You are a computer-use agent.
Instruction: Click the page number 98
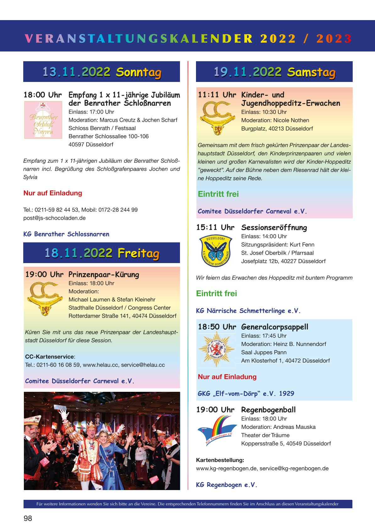pyautogui.click(x=28, y=518)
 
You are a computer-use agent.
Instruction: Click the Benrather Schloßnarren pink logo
pyautogui.click(x=43, y=120)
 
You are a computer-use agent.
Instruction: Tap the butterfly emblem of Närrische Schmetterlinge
pyautogui.click(x=215, y=251)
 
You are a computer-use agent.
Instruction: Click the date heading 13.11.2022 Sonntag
pyautogui.click(x=101, y=72)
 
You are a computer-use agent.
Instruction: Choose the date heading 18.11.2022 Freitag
pyautogui.click(x=101, y=253)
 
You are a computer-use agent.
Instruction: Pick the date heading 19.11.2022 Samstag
pyautogui.click(x=274, y=72)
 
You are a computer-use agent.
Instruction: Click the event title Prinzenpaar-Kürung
pyautogui.click(x=104, y=275)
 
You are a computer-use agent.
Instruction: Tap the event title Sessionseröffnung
pyautogui.click(x=274, y=228)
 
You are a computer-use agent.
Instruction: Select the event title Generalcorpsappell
pyautogui.click(x=274, y=327)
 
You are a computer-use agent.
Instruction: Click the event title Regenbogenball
pyautogui.click(x=268, y=410)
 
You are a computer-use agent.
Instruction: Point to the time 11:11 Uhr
pyautogui.click(x=217, y=95)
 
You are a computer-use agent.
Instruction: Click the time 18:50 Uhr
pyautogui.click(x=217, y=327)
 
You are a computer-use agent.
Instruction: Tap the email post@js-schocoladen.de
pyautogui.click(x=54, y=218)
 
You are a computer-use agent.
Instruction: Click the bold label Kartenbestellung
pyautogui.click(x=220, y=460)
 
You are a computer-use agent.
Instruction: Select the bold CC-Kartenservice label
pyautogui.click(x=50, y=357)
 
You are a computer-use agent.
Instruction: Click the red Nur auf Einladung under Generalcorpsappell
pyautogui.click(x=227, y=377)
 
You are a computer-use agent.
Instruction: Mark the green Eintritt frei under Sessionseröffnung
pyautogui.click(x=216, y=294)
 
